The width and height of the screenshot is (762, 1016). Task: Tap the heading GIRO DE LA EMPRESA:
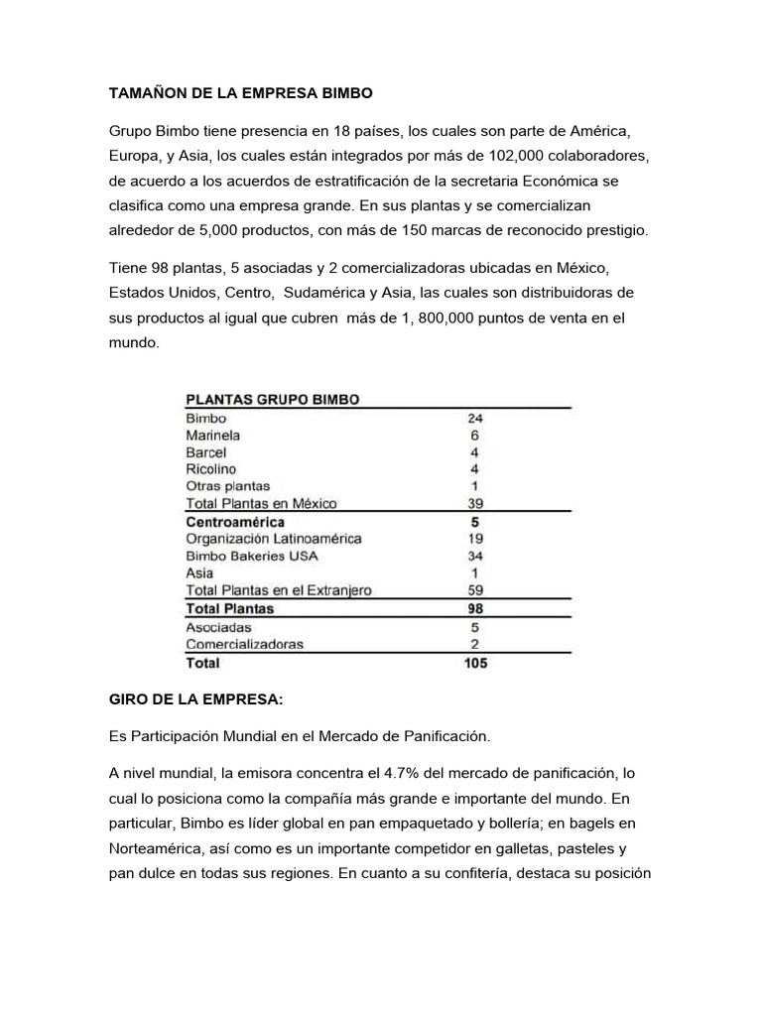[195, 699]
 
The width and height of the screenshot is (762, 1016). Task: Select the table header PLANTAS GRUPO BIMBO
[272, 400]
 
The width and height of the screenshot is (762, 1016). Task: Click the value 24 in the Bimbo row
[474, 419]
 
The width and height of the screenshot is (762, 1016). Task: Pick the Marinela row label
[212, 436]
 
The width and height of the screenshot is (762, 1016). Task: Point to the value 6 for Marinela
[474, 436]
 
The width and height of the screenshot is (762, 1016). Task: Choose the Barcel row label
[205, 452]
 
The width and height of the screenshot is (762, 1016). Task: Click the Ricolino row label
[210, 469]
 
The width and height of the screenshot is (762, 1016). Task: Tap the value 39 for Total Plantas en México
[474, 503]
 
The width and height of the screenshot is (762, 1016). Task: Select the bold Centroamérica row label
[235, 521]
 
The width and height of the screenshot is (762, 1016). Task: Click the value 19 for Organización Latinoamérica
[474, 539]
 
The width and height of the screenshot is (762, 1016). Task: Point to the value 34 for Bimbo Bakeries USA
[474, 556]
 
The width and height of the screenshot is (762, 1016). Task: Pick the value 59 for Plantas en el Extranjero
[474, 590]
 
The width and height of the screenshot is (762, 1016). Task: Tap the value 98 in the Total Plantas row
[474, 608]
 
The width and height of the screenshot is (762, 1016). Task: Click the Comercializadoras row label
[245, 644]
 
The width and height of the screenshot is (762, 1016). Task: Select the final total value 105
[475, 662]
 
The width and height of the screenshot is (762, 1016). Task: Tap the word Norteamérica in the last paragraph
[160, 848]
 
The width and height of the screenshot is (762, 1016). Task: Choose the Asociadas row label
[218, 627]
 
